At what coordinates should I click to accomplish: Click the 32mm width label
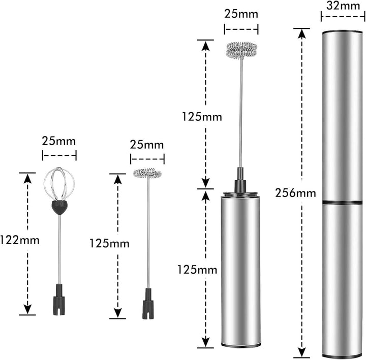(343, 6)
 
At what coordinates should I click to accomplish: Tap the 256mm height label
(295, 193)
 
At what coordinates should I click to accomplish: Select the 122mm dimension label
(20, 240)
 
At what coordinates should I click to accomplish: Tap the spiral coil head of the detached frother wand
(147, 173)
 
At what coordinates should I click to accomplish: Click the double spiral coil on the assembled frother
(241, 50)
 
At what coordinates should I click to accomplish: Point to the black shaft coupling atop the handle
(240, 179)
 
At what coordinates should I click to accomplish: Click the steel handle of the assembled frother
(240, 270)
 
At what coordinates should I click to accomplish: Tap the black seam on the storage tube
(342, 202)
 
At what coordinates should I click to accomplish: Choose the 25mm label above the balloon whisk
(59, 141)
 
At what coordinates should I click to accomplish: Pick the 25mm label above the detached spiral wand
(147, 145)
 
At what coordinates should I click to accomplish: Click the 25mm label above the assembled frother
(241, 14)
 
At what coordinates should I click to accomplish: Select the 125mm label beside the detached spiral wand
(109, 244)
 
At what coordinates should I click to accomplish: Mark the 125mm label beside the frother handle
(197, 270)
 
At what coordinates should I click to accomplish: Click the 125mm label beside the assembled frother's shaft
(202, 117)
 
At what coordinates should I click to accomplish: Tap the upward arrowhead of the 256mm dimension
(302, 34)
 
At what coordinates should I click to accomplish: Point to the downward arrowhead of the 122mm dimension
(27, 309)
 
